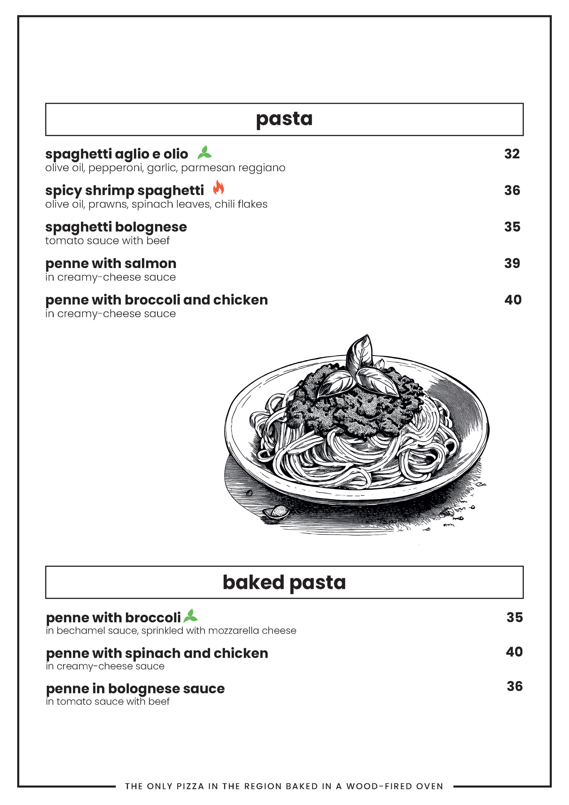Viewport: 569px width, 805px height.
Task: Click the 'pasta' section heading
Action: [284, 119]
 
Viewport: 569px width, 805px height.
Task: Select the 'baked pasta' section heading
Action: [284, 582]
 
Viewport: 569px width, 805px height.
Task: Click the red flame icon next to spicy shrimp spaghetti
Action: [218, 188]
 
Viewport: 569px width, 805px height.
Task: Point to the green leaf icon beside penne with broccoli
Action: [191, 616]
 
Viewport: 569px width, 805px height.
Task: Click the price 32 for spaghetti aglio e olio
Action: [512, 154]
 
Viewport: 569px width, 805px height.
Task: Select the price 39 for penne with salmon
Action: [512, 263]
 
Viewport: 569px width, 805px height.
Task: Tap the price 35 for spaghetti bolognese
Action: [512, 227]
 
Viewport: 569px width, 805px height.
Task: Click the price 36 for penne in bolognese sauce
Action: [515, 686]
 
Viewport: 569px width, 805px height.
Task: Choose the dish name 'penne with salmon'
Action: [111, 263]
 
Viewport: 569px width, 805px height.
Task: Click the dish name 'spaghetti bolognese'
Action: [116, 227]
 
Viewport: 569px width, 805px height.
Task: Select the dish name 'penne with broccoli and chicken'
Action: [156, 300]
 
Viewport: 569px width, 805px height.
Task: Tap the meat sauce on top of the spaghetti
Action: [354, 407]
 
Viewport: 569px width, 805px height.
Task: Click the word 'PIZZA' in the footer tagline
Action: [190, 786]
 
